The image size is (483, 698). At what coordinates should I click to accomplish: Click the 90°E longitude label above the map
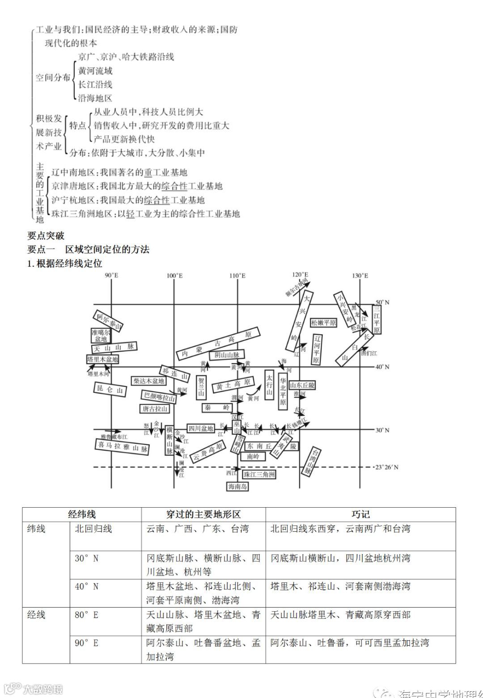coord(111,276)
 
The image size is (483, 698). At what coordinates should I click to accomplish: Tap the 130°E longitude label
coord(360,276)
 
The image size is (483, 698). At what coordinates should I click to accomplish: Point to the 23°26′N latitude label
coord(386,467)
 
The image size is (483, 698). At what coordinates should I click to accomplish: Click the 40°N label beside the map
coord(382,367)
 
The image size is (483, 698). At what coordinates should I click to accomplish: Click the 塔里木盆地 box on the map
coord(103,359)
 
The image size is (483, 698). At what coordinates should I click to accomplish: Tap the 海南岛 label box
coord(237,486)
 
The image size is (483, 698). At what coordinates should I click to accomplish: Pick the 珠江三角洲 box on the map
coord(259,474)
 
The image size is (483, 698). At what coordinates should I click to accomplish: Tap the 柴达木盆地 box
coord(149,381)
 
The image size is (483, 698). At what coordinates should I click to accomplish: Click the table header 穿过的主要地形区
coord(203,514)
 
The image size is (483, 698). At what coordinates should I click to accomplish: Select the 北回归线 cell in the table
coord(93,529)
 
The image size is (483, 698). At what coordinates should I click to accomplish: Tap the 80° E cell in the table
coord(86,615)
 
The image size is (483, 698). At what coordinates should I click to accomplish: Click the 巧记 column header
coord(360,514)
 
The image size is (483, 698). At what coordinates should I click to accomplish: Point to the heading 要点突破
coord(46,235)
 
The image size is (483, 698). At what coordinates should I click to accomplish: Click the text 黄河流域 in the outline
coord(95,71)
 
